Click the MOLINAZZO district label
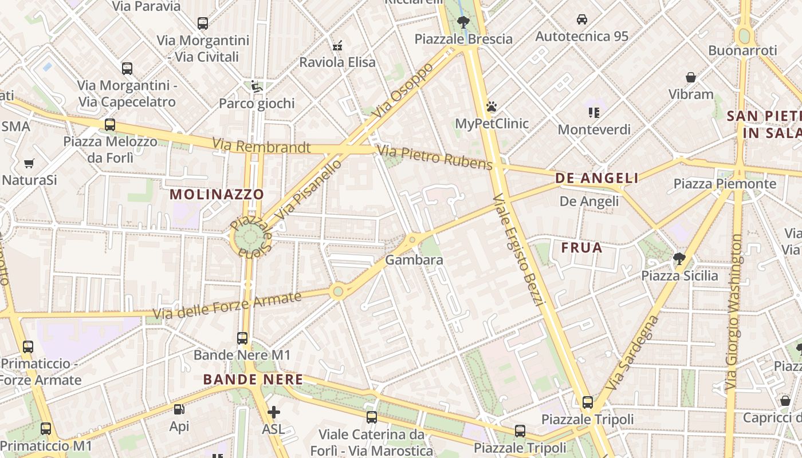click(217, 194)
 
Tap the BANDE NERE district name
click(253, 380)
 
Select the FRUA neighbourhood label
click(581, 248)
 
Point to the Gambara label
click(414, 260)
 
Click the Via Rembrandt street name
click(261, 147)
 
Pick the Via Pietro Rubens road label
click(435, 158)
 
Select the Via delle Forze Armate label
click(227, 306)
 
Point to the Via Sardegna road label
click(632, 353)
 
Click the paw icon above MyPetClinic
click(491, 106)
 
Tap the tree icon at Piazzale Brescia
click(463, 22)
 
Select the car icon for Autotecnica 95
click(581, 19)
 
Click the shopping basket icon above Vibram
click(691, 77)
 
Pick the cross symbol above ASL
click(273, 412)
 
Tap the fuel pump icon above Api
click(179, 409)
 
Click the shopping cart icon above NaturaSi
click(29, 163)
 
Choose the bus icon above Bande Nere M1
click(242, 338)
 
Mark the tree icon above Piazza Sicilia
click(679, 258)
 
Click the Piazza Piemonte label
click(725, 184)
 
